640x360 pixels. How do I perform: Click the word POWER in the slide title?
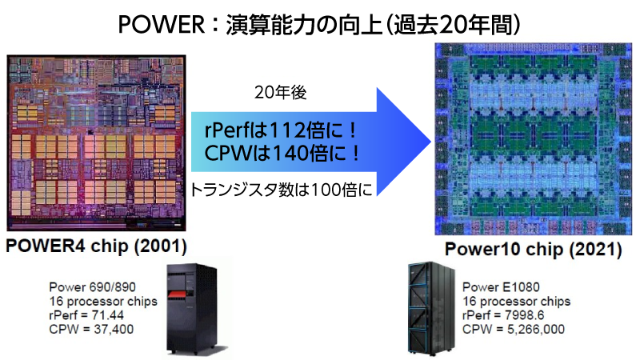[162, 25]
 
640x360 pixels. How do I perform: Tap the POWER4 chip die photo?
[96, 143]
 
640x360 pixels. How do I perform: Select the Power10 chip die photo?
[533, 139]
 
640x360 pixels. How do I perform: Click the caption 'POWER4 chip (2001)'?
[96, 246]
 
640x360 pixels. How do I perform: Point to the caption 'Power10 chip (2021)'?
[533, 249]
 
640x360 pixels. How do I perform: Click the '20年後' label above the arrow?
[281, 93]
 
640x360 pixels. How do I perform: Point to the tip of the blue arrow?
[431, 142]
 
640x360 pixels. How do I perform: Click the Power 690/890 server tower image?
[192, 310]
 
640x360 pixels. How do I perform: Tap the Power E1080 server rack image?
[431, 308]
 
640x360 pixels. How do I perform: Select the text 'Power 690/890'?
[92, 287]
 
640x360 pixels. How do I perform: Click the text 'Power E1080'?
[501, 287]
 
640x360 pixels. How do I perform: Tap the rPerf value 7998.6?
[525, 315]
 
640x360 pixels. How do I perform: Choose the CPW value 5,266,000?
[536, 330]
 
